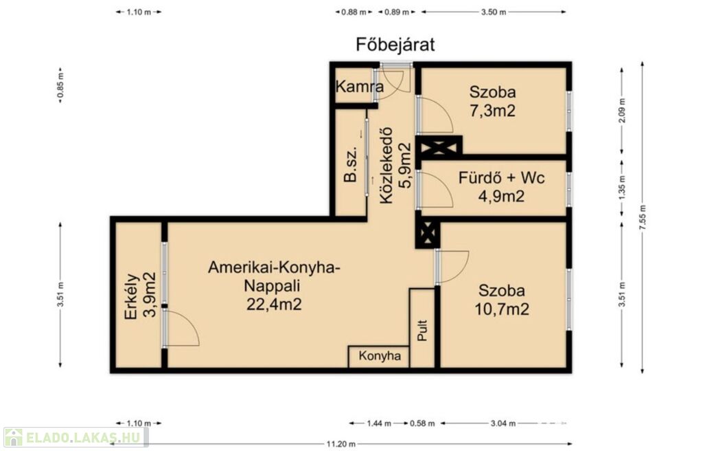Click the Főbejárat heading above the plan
pos(395,45)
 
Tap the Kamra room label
pos(359,86)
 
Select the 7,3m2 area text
pos(492,111)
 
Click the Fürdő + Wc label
pos(501,178)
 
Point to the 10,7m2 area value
pos(502,309)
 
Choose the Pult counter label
pos(422,330)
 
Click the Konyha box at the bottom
pos(379,356)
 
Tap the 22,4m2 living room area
pos(274,304)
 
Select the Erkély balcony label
pos(131,296)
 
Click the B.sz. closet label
pos(350,164)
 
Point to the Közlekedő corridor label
pos(386,165)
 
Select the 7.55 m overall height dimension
pos(643,217)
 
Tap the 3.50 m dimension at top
pos(494,12)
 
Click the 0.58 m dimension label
pos(422,423)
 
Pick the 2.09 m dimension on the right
pos(622,110)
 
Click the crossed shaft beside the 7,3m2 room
pos(439,146)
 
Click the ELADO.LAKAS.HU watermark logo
pos(76,437)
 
